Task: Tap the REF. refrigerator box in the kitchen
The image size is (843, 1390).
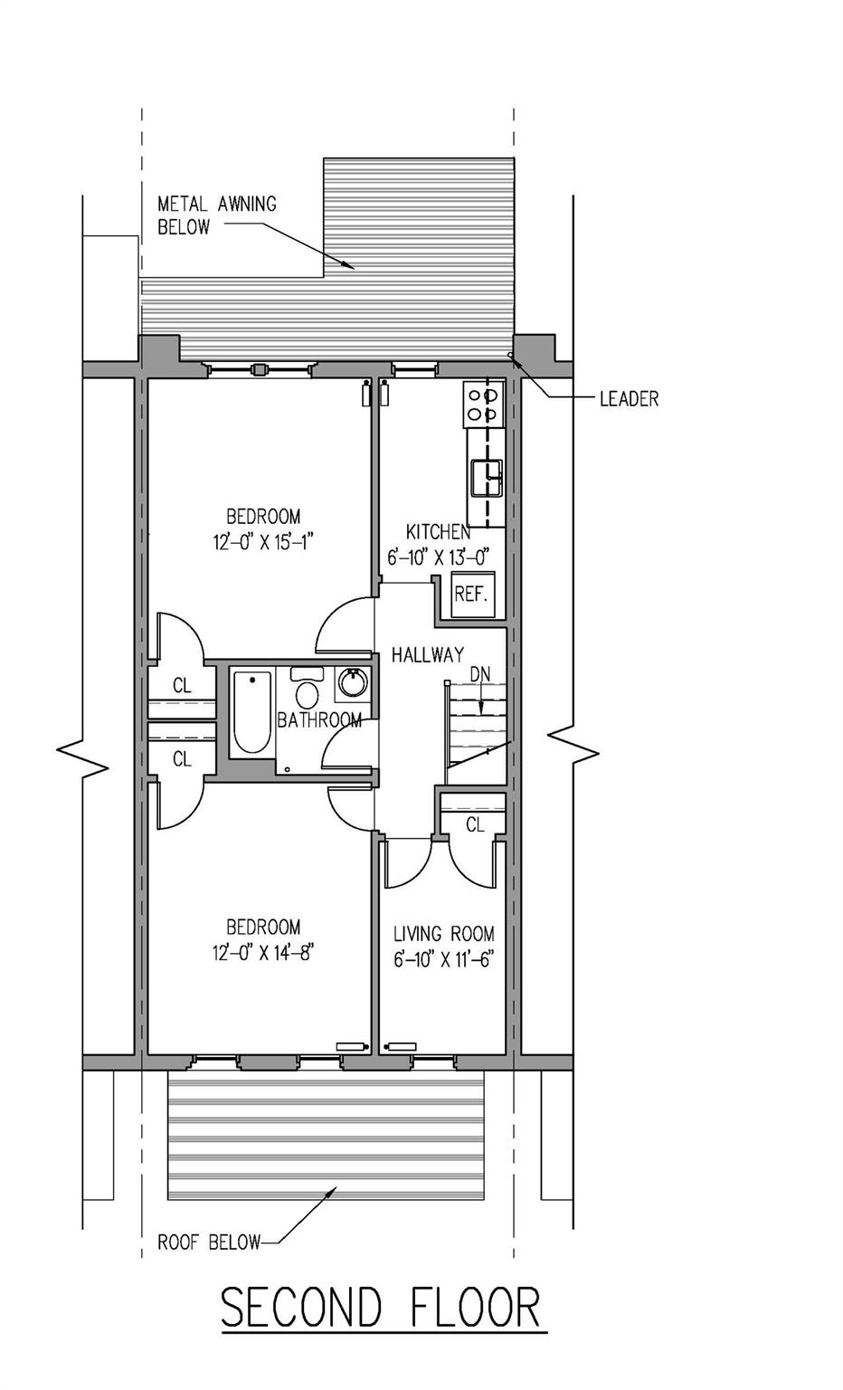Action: click(471, 595)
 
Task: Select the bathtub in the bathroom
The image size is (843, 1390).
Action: click(251, 711)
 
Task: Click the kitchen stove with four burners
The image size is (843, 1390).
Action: click(482, 404)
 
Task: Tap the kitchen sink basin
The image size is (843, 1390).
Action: click(486, 475)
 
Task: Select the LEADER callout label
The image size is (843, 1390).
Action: click(629, 398)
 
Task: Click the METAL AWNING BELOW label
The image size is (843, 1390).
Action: click(217, 215)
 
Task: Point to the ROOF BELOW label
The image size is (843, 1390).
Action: click(209, 1242)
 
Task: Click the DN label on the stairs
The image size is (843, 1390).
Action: click(479, 674)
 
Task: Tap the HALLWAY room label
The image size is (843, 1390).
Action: click(428, 654)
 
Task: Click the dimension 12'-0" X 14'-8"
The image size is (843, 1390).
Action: click(263, 952)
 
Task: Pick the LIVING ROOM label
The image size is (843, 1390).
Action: click(443, 934)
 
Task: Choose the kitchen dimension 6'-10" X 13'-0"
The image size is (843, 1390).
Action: click(439, 557)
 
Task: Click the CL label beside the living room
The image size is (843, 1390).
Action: click(475, 824)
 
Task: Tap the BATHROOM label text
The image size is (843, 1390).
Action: click(319, 720)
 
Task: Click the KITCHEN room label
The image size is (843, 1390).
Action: click(438, 532)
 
